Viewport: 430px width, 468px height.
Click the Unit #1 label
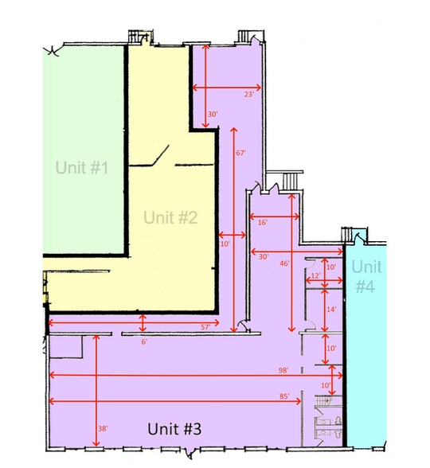[x=82, y=167]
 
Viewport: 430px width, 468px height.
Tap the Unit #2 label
[x=170, y=217]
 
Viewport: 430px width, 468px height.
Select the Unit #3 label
[x=174, y=429]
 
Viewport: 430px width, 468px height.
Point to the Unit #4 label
[x=366, y=276]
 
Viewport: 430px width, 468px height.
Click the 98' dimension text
[x=283, y=370]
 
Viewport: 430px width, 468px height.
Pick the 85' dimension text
[x=284, y=396]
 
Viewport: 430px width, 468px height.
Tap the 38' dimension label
[x=103, y=428]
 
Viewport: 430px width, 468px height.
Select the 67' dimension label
[x=240, y=153]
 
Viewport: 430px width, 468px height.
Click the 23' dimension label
[x=249, y=94]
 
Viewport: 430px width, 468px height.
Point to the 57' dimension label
[x=205, y=327]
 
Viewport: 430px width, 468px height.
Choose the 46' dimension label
[x=284, y=263]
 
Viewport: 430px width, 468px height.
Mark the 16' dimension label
[x=263, y=222]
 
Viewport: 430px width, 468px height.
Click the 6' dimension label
[x=144, y=341]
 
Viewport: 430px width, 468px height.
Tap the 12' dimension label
[x=315, y=275]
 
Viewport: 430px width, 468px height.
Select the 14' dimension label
[x=331, y=309]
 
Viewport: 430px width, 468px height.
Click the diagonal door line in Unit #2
[x=161, y=155]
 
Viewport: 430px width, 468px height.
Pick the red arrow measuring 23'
[x=227, y=88]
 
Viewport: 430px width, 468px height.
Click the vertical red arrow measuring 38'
[x=96, y=390]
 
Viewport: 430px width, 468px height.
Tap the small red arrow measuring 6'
[x=143, y=323]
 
